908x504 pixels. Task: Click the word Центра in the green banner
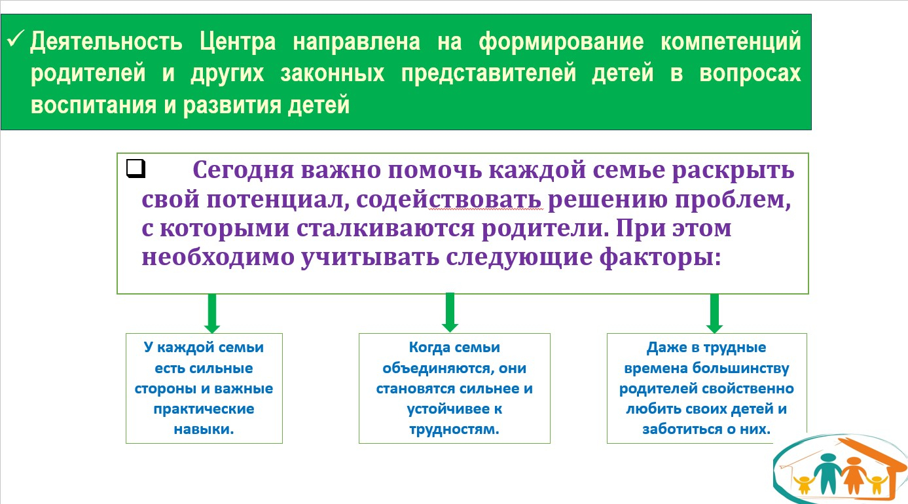click(x=238, y=43)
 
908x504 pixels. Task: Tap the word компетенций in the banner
click(x=731, y=43)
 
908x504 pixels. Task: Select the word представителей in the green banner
click(x=488, y=74)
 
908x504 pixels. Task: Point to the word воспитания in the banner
click(x=94, y=105)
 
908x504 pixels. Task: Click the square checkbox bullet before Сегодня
click(x=136, y=168)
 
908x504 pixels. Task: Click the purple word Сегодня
click(x=243, y=171)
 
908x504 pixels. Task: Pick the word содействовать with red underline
click(x=448, y=200)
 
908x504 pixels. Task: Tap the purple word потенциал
click(x=278, y=200)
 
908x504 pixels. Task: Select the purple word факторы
click(x=661, y=258)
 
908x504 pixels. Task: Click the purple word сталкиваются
click(x=385, y=228)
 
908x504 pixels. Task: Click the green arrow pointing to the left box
click(x=211, y=314)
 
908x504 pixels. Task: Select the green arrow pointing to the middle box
click(x=450, y=313)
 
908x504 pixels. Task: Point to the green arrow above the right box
click(x=714, y=314)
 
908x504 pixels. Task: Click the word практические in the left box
click(x=204, y=409)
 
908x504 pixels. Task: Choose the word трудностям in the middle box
click(x=454, y=429)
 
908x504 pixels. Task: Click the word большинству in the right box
click(x=740, y=369)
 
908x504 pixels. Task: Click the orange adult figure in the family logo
click(x=854, y=476)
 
